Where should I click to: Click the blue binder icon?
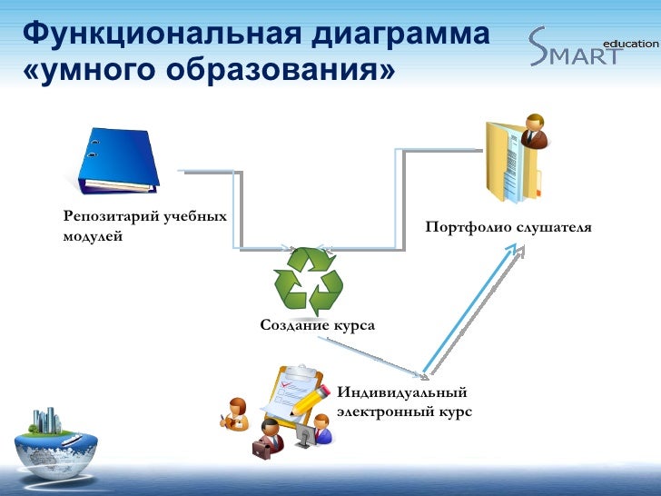click(x=119, y=161)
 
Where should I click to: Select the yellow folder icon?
click(x=513, y=163)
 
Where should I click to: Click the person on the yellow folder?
click(x=534, y=131)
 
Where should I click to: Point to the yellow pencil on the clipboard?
click(x=311, y=400)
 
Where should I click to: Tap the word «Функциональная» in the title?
click(x=163, y=34)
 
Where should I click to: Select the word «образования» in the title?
click(x=274, y=70)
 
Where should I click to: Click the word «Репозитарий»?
click(x=112, y=217)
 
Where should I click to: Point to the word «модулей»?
click(x=93, y=236)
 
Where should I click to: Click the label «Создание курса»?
click(x=317, y=325)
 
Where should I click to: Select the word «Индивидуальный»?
click(x=401, y=392)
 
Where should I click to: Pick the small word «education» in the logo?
click(x=631, y=44)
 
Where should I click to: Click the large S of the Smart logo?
click(x=538, y=46)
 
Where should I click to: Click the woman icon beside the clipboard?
click(x=235, y=414)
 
